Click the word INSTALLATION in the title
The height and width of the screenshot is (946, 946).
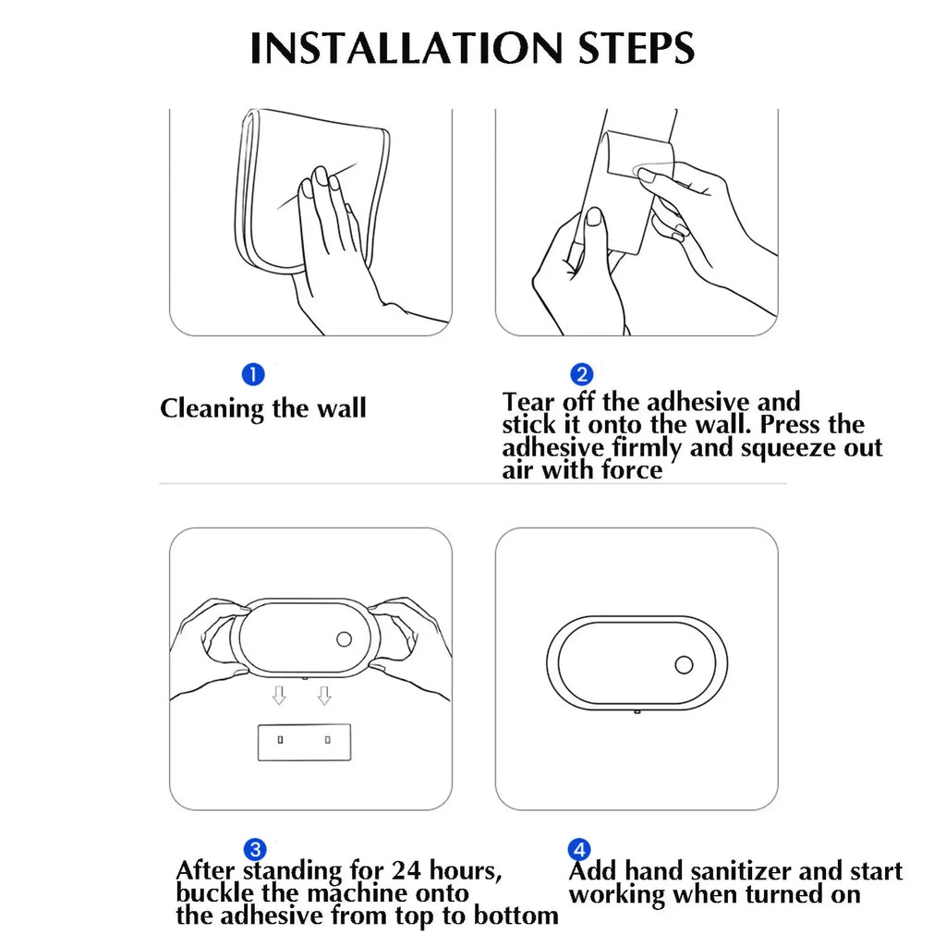point(406,48)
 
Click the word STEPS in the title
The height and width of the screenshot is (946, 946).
point(637,48)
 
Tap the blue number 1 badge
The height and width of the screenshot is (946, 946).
point(253,374)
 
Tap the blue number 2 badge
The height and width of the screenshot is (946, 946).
point(582,375)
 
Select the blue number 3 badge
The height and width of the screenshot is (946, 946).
point(255,850)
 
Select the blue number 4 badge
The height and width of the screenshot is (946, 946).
point(579,850)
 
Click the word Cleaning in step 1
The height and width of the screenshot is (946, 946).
point(212,409)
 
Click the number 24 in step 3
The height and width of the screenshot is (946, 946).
point(406,870)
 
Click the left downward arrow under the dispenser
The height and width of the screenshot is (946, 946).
point(279,695)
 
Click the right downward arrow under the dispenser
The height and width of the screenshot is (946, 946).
point(324,695)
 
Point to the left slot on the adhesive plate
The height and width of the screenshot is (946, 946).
point(280,740)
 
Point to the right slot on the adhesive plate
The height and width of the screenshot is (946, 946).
point(328,740)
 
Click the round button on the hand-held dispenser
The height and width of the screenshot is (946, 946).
point(344,639)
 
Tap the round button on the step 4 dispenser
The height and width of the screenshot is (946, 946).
point(684,665)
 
